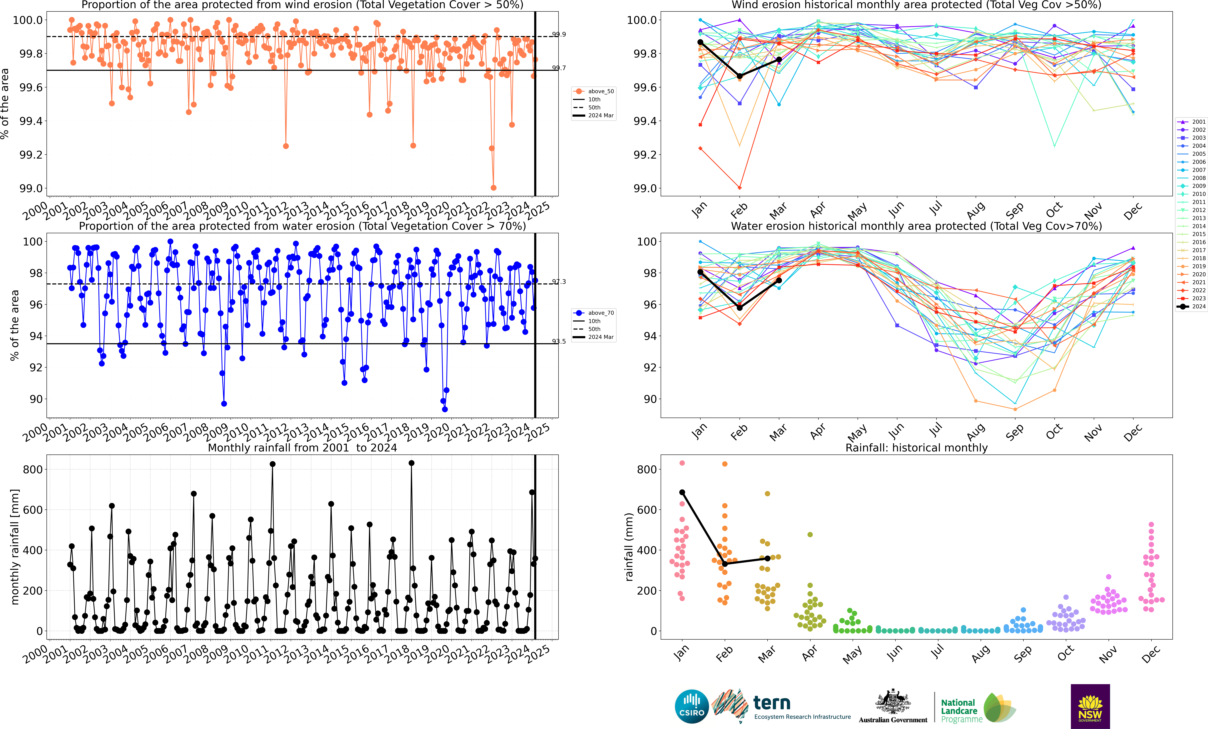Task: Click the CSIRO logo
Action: coord(692,707)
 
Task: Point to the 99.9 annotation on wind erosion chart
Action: coord(559,34)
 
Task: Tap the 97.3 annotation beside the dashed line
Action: coord(559,282)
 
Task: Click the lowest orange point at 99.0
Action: coord(494,188)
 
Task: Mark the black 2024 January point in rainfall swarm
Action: coord(682,492)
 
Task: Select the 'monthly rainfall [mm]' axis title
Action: coord(15,547)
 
